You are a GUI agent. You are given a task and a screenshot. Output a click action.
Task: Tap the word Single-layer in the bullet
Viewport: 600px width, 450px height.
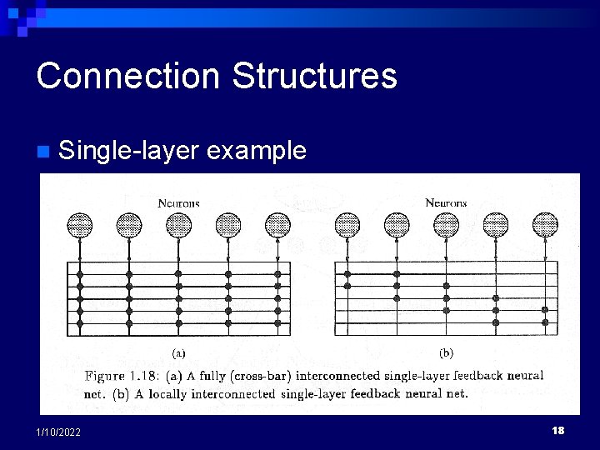[129, 151]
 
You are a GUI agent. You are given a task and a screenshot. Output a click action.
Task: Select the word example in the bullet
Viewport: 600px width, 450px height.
[256, 151]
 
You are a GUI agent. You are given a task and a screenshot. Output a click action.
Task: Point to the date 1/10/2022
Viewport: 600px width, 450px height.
[57, 431]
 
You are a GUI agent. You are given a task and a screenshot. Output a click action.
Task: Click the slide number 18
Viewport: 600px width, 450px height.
[557, 430]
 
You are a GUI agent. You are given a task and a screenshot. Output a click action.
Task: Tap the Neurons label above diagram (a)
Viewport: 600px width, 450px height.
[178, 203]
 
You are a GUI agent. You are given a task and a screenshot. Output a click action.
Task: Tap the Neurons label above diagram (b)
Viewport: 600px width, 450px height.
[446, 202]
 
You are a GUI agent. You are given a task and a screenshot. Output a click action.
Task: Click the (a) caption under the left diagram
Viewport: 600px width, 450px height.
[178, 352]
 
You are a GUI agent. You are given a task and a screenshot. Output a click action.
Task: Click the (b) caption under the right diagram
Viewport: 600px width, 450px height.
[446, 353]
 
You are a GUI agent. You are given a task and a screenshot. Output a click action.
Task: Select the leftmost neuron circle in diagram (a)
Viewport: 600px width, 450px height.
[80, 225]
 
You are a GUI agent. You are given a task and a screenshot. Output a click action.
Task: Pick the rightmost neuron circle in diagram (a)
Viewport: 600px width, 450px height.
[277, 225]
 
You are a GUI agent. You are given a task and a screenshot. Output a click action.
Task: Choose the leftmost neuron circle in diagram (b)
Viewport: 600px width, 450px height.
[347, 225]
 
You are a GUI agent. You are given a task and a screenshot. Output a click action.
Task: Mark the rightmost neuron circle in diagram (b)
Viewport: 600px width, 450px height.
[545, 225]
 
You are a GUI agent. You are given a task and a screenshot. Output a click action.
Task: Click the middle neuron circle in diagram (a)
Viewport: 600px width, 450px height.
[178, 225]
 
